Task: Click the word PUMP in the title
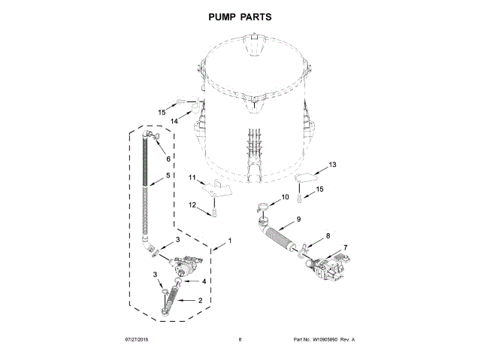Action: point(219,16)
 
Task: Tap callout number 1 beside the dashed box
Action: point(229,241)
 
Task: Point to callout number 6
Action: point(158,158)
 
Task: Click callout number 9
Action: point(298,219)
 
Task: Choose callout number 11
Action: point(192,177)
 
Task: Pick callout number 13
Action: point(333,164)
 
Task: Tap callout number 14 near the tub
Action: point(173,121)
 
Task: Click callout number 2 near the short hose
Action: point(200,300)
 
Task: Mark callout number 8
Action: point(327,236)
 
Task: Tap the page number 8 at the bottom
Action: point(240,340)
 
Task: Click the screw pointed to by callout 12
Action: point(214,214)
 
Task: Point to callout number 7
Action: point(345,247)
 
